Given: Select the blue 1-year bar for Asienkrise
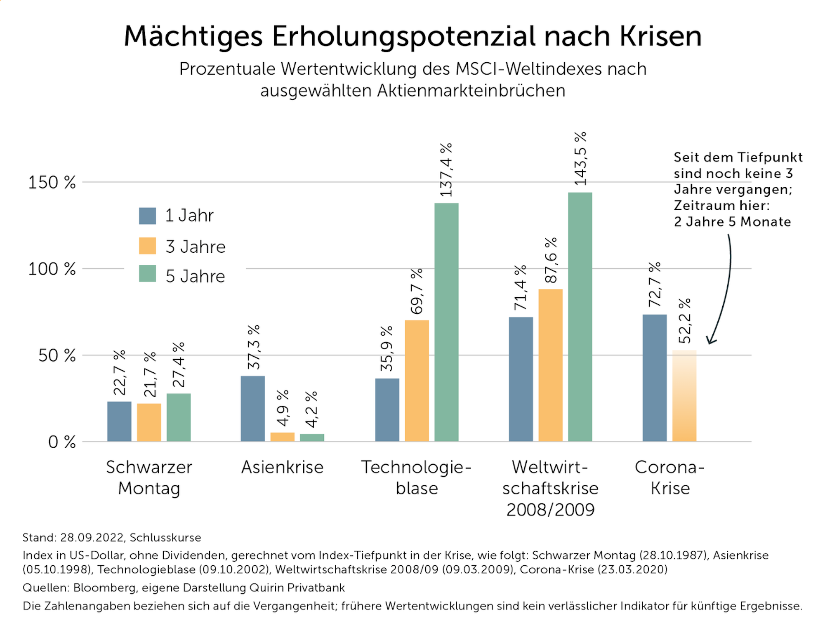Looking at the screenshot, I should [x=253, y=409].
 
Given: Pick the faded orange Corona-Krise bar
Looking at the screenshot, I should [x=684, y=396].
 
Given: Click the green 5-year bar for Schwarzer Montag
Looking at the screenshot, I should [x=179, y=417].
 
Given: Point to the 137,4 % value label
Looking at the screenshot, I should [x=446, y=170].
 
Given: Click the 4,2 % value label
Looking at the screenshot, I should [x=311, y=409].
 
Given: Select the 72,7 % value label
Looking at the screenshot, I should [x=655, y=284].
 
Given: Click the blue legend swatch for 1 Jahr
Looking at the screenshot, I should [x=147, y=216].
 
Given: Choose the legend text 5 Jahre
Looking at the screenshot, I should [x=195, y=276].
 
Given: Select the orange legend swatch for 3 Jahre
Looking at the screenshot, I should [x=147, y=246].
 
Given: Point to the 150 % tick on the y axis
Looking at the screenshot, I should [x=52, y=182].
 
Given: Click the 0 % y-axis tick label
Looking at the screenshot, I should [x=62, y=442].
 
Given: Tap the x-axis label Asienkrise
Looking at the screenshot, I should [x=282, y=467].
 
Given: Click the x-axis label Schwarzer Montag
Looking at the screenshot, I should [x=149, y=477].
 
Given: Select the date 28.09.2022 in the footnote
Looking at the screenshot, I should [x=92, y=538].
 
